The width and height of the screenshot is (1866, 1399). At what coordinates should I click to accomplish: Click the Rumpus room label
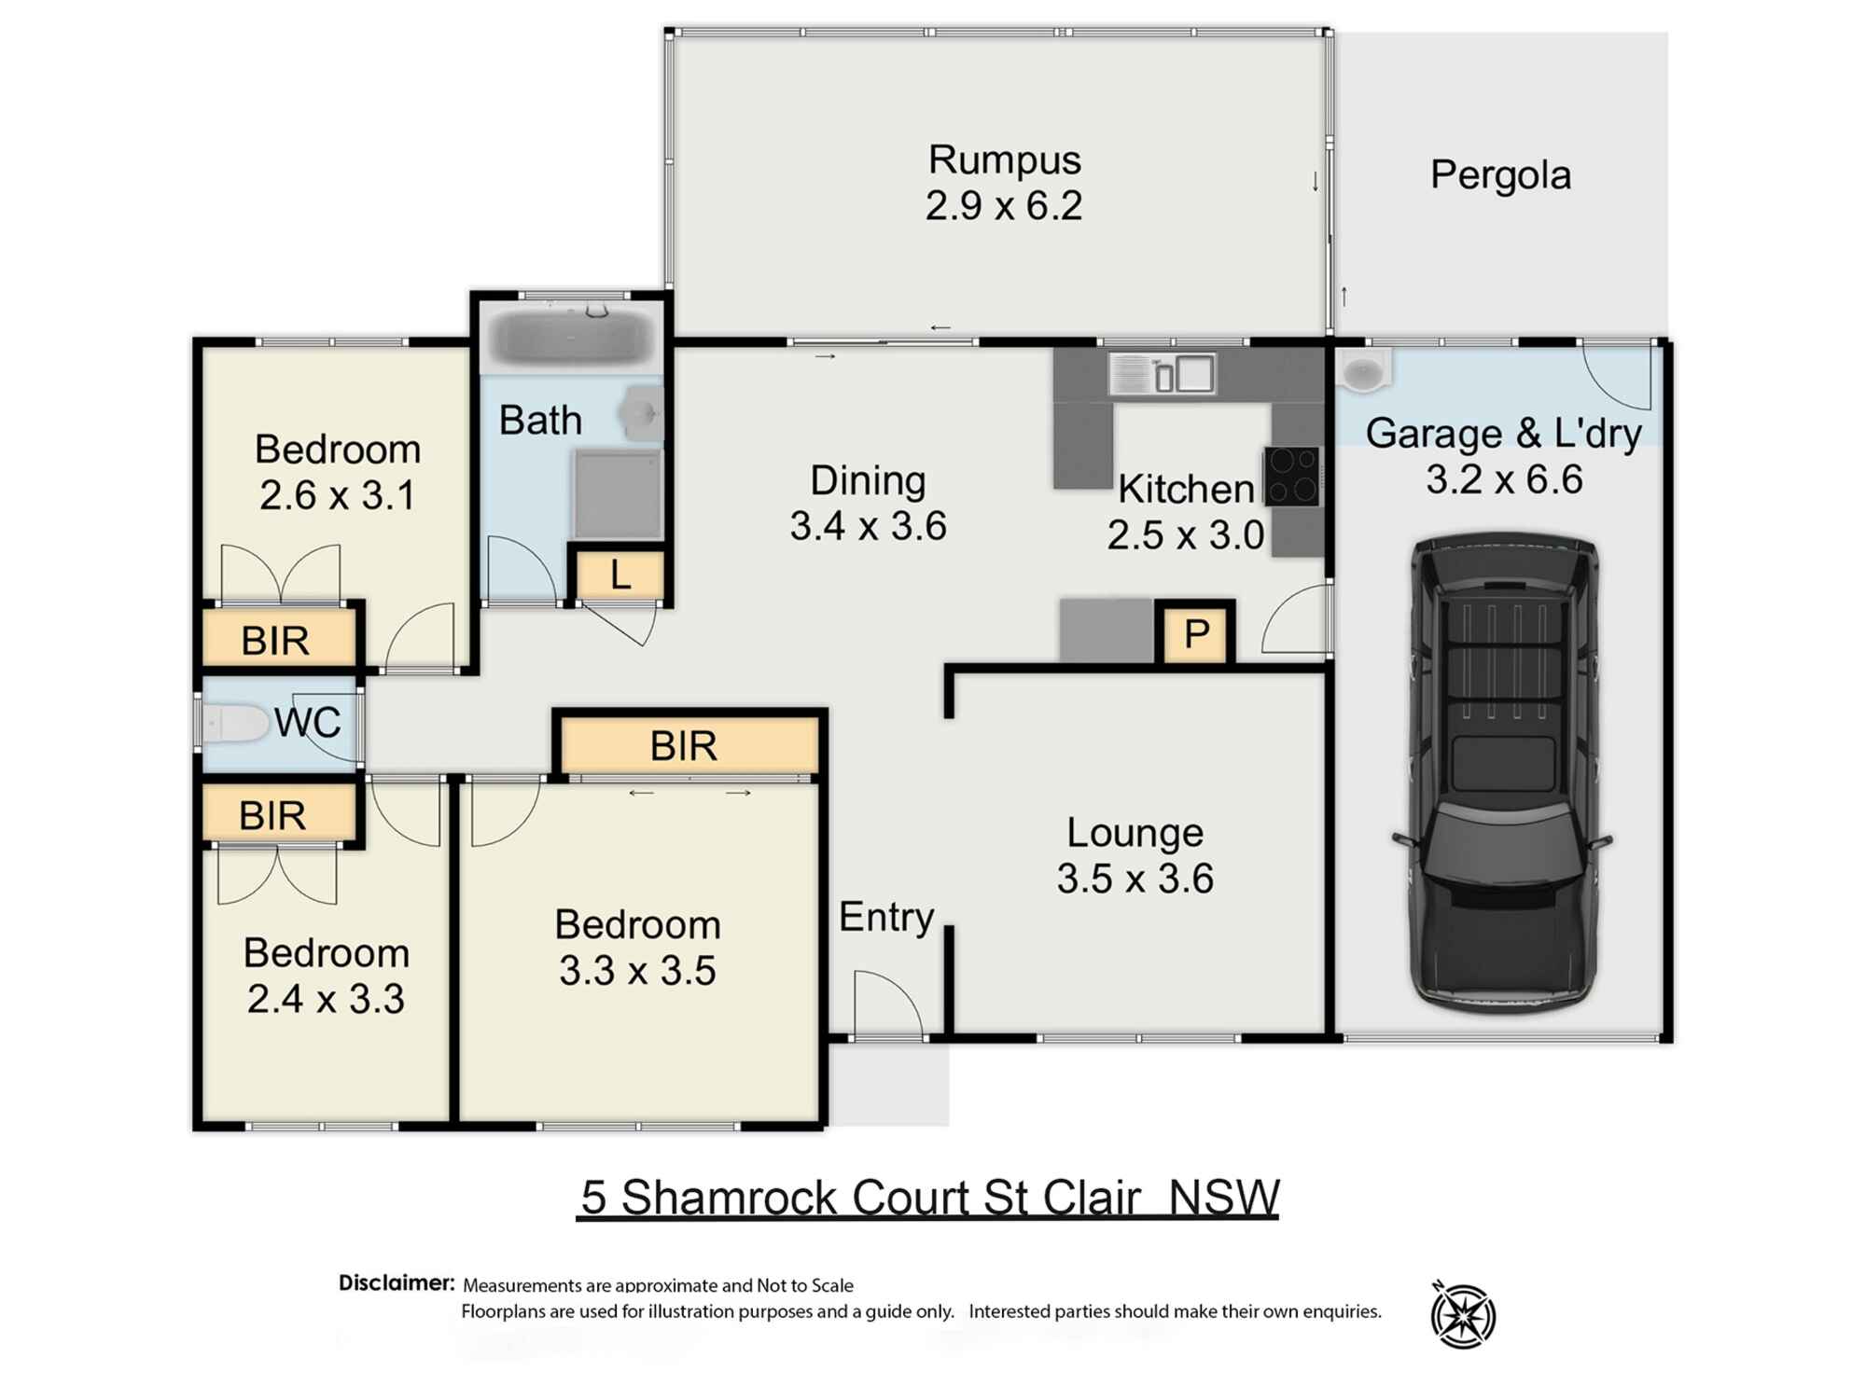click(x=1004, y=160)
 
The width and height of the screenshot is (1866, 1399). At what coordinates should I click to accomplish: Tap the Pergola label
click(x=1500, y=175)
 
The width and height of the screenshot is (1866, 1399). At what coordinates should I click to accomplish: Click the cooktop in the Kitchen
click(x=1292, y=477)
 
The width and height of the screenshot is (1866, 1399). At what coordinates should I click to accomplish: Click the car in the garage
click(x=1504, y=774)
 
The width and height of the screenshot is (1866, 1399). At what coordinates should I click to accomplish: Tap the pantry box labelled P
click(x=1196, y=634)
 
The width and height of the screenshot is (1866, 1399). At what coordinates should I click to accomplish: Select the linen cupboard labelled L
click(x=620, y=576)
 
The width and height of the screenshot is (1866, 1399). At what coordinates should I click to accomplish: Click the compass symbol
click(x=1463, y=1315)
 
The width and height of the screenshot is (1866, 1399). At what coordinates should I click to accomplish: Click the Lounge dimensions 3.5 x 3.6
click(x=1135, y=879)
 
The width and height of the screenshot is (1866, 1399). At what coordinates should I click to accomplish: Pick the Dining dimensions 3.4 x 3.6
click(x=868, y=526)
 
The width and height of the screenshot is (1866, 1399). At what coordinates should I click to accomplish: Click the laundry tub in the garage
click(x=1363, y=371)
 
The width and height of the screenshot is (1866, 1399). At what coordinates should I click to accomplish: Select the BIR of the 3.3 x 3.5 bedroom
click(x=684, y=746)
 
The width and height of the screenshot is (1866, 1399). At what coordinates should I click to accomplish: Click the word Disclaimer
click(x=397, y=1283)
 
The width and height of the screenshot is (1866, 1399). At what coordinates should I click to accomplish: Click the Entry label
click(x=885, y=917)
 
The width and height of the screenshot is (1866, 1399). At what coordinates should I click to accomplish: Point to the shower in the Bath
click(x=618, y=493)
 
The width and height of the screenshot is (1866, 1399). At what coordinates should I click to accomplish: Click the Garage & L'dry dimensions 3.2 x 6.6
click(x=1503, y=479)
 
